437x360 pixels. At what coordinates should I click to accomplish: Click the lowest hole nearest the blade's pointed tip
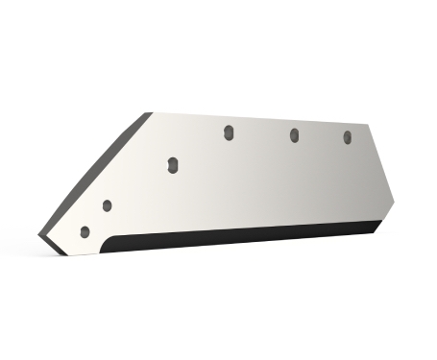point(85,231)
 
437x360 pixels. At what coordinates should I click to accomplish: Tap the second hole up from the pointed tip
point(107,205)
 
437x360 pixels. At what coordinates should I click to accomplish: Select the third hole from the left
point(172,165)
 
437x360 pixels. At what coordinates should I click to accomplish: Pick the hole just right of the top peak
point(229,132)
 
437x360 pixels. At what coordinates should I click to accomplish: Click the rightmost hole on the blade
point(348,138)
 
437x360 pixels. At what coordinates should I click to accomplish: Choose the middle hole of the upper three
point(294,135)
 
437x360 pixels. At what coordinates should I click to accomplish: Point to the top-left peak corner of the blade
point(152,112)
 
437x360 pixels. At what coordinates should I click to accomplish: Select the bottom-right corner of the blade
point(377,231)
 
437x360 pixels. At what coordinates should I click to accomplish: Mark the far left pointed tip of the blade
point(42,233)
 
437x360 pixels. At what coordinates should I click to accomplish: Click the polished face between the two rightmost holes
point(321,144)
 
